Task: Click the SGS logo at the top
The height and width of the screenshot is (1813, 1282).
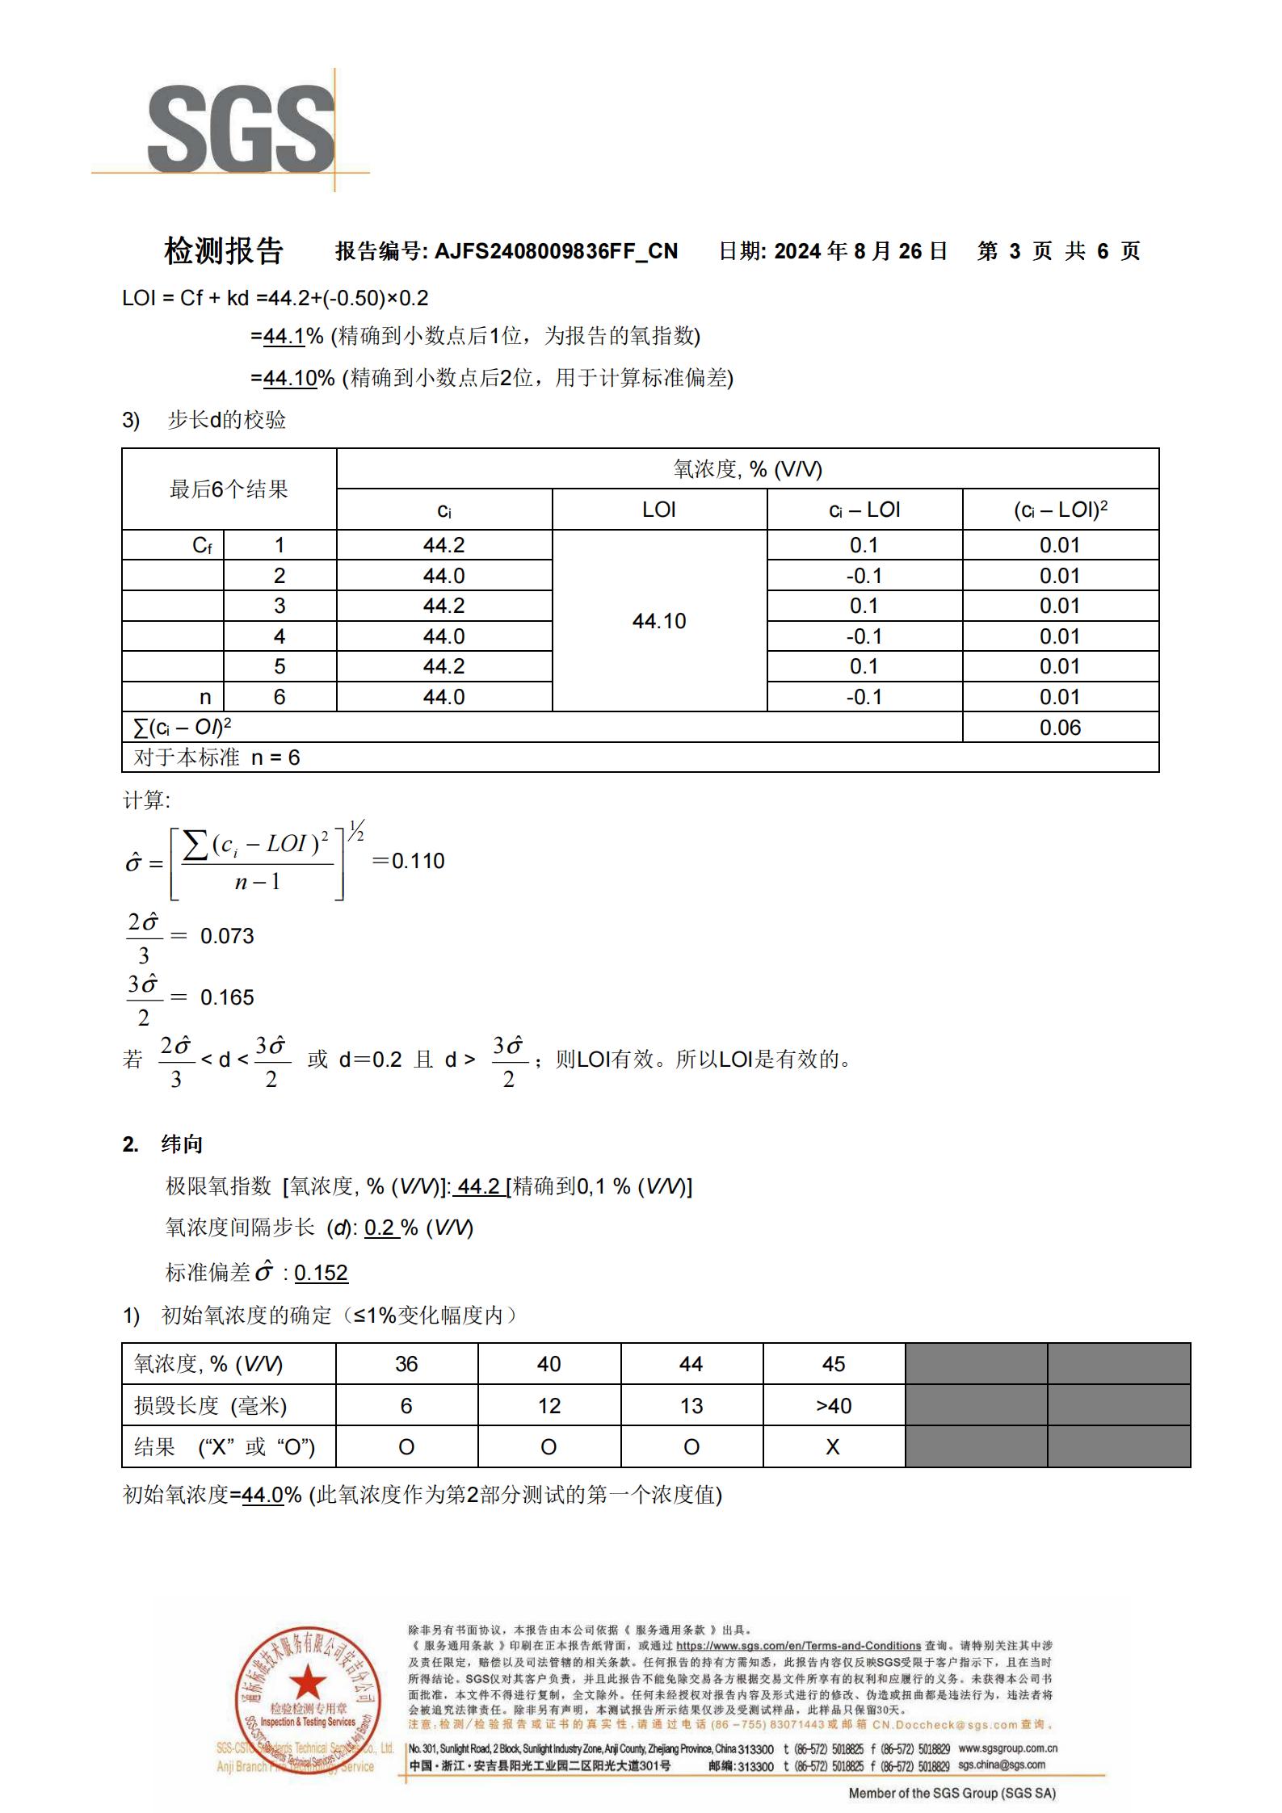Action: [x=241, y=129]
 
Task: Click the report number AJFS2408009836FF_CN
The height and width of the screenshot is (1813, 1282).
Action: [x=556, y=251]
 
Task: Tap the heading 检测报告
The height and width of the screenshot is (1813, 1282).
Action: [x=223, y=251]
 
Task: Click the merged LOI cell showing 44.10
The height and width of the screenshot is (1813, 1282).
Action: [x=659, y=621]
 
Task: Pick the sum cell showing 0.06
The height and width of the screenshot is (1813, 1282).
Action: [x=1060, y=728]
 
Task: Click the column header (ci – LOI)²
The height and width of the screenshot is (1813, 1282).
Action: [x=1060, y=510]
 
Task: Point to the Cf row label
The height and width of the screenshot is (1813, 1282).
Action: [x=203, y=546]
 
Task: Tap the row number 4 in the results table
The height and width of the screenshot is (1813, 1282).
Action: [x=280, y=636]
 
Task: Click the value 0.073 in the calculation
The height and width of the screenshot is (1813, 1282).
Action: [x=227, y=936]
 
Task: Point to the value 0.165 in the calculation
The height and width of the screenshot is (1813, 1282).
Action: [x=227, y=997]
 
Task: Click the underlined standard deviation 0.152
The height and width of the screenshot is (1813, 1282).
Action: [x=321, y=1273]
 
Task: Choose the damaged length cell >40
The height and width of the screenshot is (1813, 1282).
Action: [x=834, y=1406]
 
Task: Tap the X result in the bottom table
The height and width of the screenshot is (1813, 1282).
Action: [x=833, y=1447]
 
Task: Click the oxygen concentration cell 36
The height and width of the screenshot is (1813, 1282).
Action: [x=406, y=1364]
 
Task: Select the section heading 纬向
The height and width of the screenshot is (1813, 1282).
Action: [x=182, y=1144]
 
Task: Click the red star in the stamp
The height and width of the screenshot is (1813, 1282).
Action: [x=308, y=1684]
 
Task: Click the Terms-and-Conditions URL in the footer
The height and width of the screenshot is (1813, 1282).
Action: [x=798, y=1646]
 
